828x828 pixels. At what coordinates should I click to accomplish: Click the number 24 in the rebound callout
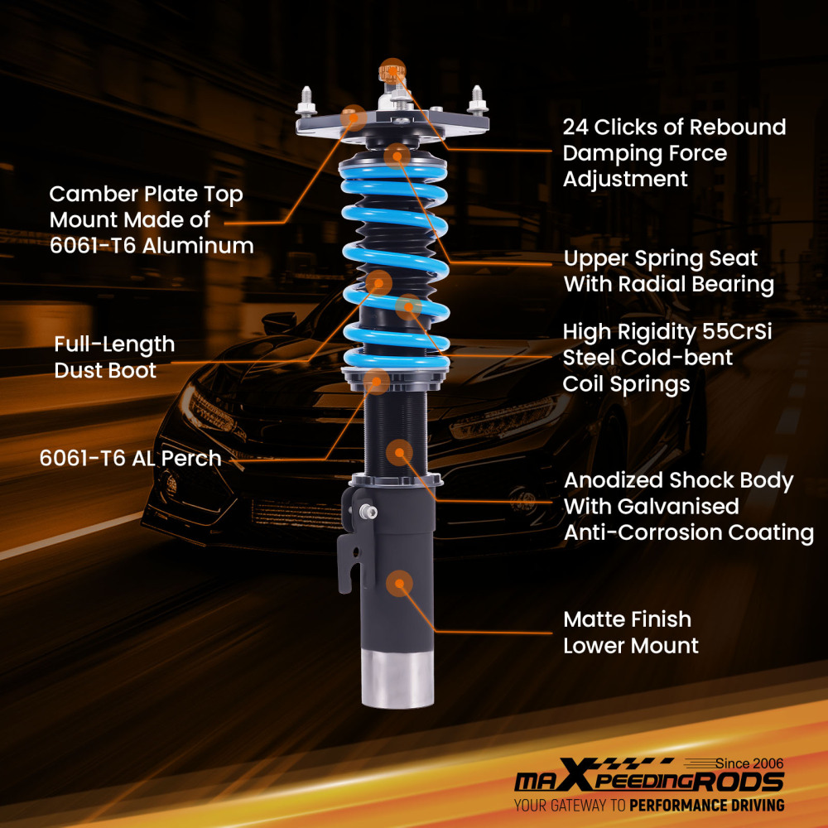(576, 128)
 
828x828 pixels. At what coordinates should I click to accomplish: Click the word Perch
(192, 458)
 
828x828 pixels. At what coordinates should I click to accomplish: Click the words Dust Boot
(105, 370)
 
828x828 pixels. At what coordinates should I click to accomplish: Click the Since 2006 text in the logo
(749, 763)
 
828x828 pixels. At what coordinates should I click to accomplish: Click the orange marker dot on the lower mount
(400, 583)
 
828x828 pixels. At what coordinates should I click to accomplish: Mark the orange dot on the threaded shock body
(400, 451)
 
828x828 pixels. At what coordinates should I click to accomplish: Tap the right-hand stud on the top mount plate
(479, 100)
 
